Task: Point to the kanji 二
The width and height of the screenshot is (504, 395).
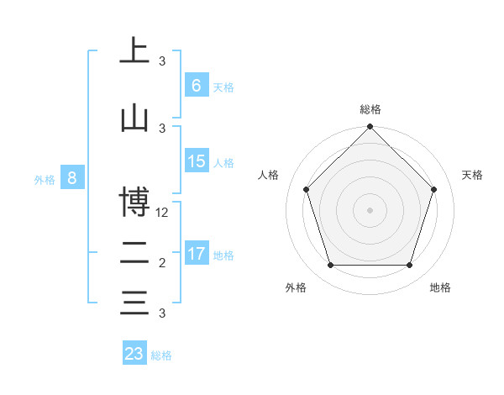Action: tap(134, 253)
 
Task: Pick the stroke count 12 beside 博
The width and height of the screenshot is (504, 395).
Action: tap(163, 213)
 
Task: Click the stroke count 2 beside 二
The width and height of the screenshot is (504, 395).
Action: tap(162, 263)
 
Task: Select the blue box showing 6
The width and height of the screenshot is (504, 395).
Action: tap(196, 86)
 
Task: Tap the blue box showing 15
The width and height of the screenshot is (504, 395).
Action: tap(197, 161)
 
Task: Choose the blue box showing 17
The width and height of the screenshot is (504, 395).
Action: tap(197, 254)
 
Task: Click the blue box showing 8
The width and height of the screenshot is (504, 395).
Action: tap(72, 178)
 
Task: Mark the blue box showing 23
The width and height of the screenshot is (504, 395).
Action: tap(134, 354)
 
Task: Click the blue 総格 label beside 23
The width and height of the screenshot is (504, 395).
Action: tap(161, 355)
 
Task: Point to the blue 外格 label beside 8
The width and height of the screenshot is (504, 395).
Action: tap(45, 179)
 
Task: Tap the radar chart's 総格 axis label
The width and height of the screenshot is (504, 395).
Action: tap(370, 110)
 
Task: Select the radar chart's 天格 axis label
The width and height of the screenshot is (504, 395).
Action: tap(472, 175)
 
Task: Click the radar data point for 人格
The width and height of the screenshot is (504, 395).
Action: tap(306, 189)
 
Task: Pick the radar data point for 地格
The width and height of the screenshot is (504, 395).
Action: tap(409, 266)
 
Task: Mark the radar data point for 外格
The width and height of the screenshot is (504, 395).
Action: tap(330, 266)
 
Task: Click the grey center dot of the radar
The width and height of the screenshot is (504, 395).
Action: tap(370, 209)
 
